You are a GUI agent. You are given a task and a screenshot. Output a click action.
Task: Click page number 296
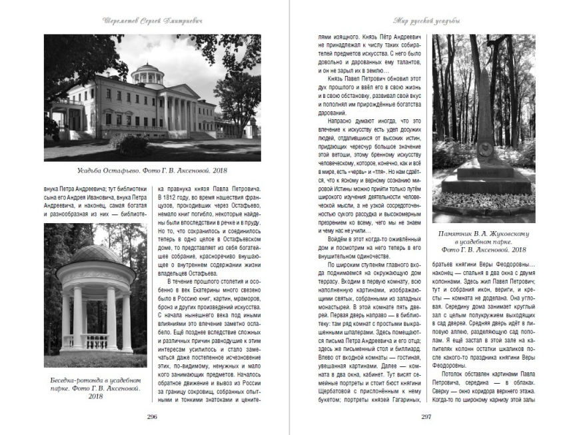point(152,416)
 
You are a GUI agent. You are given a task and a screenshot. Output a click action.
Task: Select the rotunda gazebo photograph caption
point(95,387)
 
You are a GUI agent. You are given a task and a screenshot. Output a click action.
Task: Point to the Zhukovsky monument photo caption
point(484,241)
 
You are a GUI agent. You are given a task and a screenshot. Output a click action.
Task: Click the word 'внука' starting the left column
point(55,188)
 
